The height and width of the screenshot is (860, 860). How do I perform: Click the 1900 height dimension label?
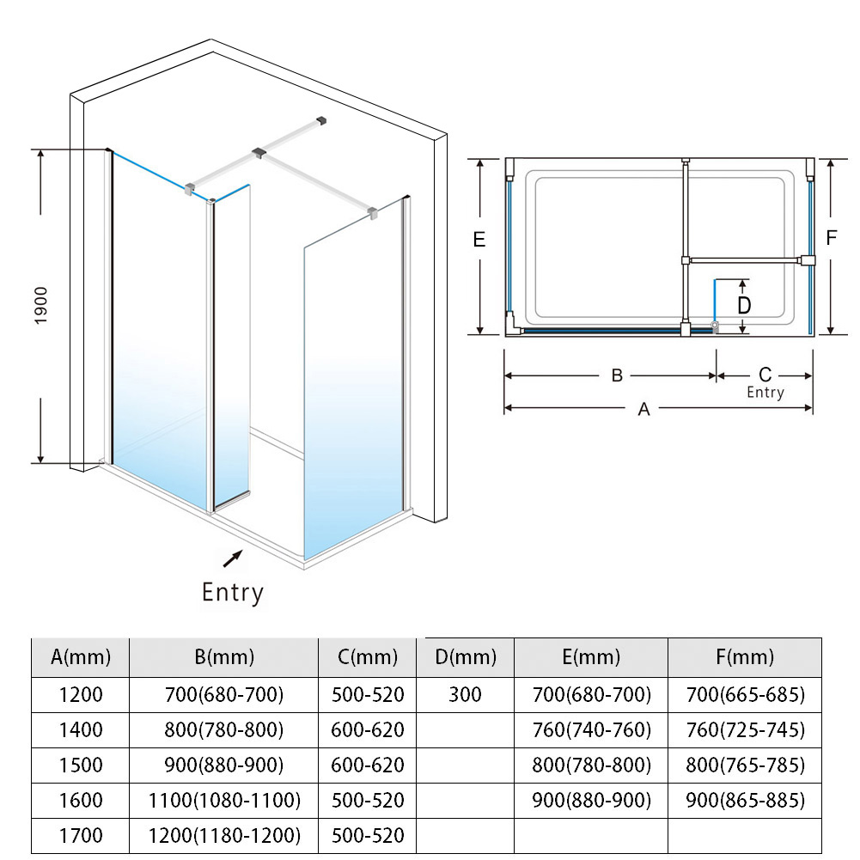pyautogui.click(x=41, y=305)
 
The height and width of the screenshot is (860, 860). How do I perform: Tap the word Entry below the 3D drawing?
pyautogui.click(x=232, y=592)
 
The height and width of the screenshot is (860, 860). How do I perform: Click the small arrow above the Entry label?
pyautogui.click(x=231, y=559)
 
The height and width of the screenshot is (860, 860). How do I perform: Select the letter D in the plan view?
pyautogui.click(x=744, y=305)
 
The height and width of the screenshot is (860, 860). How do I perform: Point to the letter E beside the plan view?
pyautogui.click(x=479, y=240)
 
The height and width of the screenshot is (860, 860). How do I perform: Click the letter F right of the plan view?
pyautogui.click(x=831, y=238)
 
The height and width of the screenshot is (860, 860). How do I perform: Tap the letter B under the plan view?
pyautogui.click(x=616, y=375)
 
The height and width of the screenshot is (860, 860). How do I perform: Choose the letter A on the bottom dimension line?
pyautogui.click(x=643, y=410)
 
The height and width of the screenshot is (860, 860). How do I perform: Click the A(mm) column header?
pyautogui.click(x=81, y=658)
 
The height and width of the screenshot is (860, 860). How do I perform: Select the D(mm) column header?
pyautogui.click(x=466, y=658)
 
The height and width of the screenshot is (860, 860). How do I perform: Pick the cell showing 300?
pyautogui.click(x=466, y=694)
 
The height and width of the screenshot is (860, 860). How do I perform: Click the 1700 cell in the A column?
pyautogui.click(x=81, y=834)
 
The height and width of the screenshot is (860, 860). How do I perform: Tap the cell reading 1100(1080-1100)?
pyautogui.click(x=224, y=800)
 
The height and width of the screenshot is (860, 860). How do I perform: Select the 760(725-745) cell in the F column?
pyautogui.click(x=746, y=730)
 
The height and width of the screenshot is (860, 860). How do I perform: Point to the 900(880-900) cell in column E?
pyautogui.click(x=592, y=800)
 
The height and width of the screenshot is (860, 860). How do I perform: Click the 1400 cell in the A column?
pyautogui.click(x=81, y=730)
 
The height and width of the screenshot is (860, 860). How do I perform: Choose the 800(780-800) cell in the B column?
pyautogui.click(x=224, y=730)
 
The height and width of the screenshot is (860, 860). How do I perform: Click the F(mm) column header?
pyautogui.click(x=746, y=658)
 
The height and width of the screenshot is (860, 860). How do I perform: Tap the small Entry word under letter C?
pyautogui.click(x=765, y=393)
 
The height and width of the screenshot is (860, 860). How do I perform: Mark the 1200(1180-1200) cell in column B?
pyautogui.click(x=224, y=834)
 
